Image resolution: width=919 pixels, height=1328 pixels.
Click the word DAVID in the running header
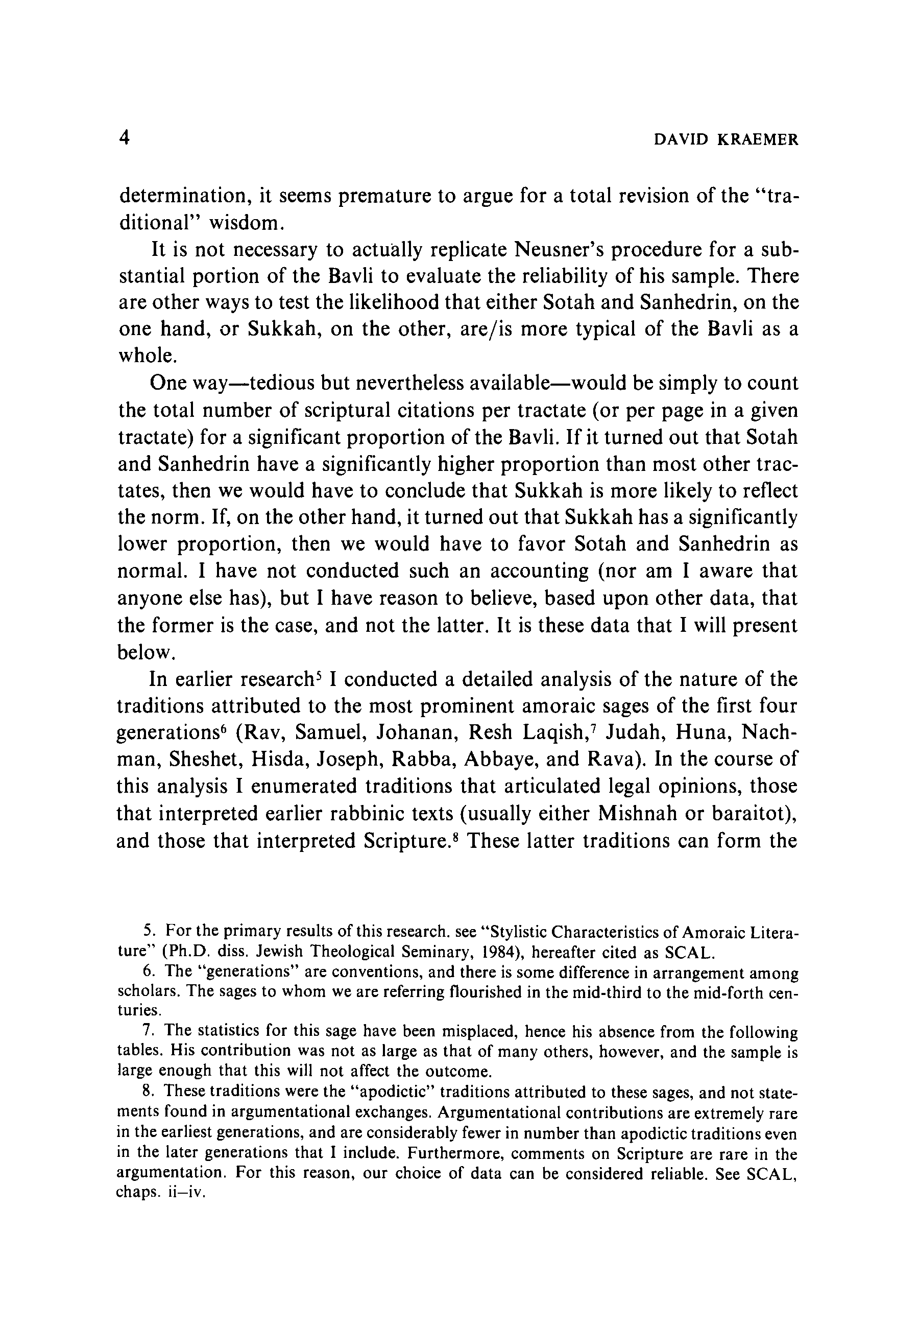[x=681, y=139]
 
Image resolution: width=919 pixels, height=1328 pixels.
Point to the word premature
[x=384, y=196]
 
